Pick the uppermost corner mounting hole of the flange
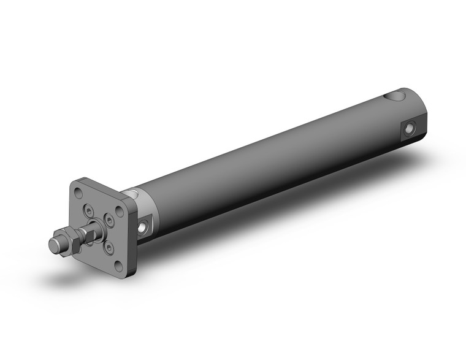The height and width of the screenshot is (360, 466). [x=78, y=193]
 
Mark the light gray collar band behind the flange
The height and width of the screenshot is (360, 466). [x=140, y=202]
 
